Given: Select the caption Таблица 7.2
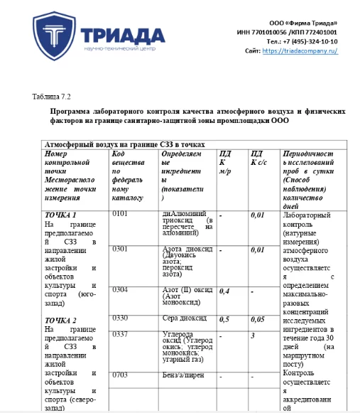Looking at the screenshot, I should point(51,96).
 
